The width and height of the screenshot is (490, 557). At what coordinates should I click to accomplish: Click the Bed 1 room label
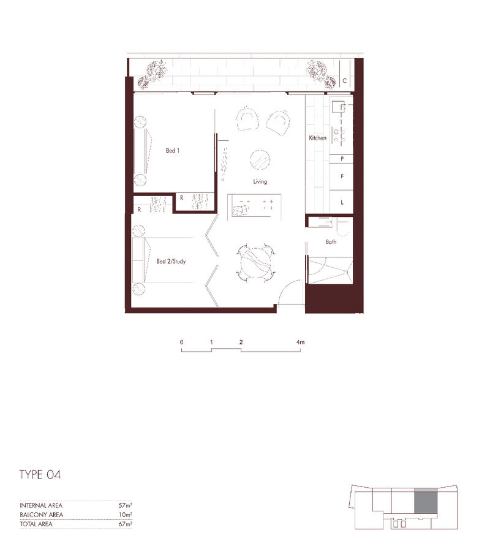click(173, 151)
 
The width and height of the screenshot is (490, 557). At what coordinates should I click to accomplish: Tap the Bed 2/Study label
click(171, 262)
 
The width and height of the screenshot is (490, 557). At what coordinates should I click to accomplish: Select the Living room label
click(260, 181)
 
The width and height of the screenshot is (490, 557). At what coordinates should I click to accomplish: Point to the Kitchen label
click(317, 138)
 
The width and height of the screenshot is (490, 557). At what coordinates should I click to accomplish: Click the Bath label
click(331, 242)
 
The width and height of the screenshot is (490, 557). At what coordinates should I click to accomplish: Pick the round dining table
click(255, 263)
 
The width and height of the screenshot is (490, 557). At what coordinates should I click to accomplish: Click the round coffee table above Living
click(260, 160)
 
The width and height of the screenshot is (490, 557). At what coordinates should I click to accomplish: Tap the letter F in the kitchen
click(342, 176)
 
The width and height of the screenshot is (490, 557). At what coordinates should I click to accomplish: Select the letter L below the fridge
click(342, 202)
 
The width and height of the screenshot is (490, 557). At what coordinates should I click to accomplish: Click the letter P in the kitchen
click(342, 159)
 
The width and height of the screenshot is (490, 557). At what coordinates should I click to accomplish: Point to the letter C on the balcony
click(344, 81)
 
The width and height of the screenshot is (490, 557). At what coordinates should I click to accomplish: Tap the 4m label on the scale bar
click(300, 342)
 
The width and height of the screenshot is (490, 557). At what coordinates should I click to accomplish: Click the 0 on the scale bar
click(182, 342)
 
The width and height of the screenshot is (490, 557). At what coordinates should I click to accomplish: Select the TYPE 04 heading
click(40, 475)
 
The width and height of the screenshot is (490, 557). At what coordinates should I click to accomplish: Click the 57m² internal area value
click(126, 506)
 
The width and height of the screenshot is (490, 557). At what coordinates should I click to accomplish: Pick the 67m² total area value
click(126, 524)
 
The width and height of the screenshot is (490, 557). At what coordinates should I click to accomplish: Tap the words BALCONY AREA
click(41, 515)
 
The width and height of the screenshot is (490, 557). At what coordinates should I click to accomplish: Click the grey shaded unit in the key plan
click(426, 501)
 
